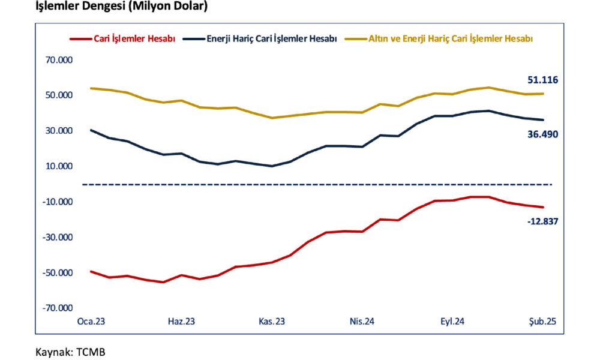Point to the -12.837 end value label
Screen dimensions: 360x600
(x=542, y=221)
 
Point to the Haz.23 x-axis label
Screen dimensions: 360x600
(x=181, y=322)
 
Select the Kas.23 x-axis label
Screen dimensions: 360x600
(x=271, y=322)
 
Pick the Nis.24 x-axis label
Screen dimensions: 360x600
(x=362, y=322)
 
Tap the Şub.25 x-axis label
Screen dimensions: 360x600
(x=543, y=322)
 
